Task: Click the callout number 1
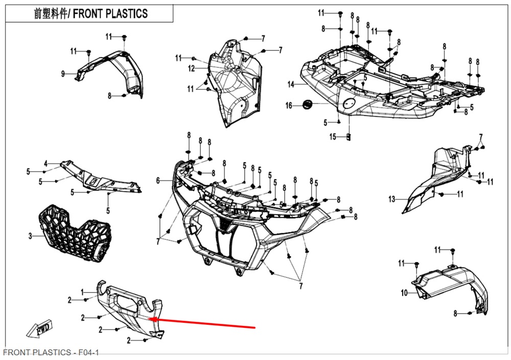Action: [82, 292]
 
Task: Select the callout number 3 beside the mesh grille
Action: [30, 236]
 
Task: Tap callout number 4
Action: [45, 163]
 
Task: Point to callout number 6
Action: [158, 180]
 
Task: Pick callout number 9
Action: [63, 74]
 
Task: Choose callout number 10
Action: [404, 293]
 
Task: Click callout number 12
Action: [191, 68]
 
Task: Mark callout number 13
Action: [391, 199]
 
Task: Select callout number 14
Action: [291, 84]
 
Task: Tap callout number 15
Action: [333, 137]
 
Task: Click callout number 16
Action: [289, 106]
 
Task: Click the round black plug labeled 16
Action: [308, 104]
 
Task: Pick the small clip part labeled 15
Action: [349, 137]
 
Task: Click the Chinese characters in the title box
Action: [51, 14]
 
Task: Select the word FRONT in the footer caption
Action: [17, 353]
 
